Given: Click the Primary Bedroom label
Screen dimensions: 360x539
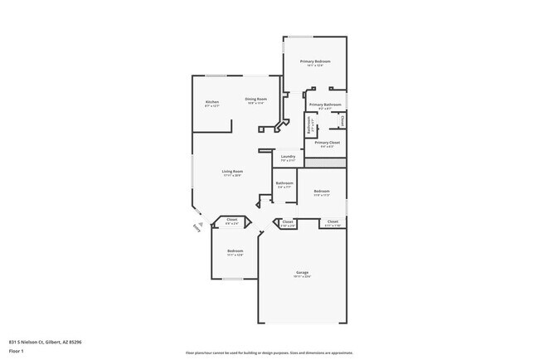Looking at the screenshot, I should click(x=315, y=62).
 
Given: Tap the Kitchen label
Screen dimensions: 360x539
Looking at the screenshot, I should click(x=212, y=102).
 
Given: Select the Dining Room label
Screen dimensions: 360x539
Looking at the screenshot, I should click(x=255, y=99).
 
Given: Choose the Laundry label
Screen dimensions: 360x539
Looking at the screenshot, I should click(x=288, y=156).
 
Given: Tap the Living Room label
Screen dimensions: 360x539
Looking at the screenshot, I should click(x=232, y=171).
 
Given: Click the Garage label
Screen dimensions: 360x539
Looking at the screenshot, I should click(x=303, y=272).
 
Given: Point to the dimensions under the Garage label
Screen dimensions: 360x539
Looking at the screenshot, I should click(x=303, y=277).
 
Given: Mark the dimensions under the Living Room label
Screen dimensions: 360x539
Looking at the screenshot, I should click(x=232, y=176).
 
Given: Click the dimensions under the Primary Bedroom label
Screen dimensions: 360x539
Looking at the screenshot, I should click(x=315, y=67).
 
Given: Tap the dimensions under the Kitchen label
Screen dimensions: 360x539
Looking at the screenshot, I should click(x=212, y=106).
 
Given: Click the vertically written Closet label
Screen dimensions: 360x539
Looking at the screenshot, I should click(x=342, y=122).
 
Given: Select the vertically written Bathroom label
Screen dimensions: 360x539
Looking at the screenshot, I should click(x=309, y=129).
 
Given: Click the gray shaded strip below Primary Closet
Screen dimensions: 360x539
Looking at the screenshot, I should click(x=325, y=164).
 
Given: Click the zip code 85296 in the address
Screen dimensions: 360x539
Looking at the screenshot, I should click(x=75, y=342).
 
